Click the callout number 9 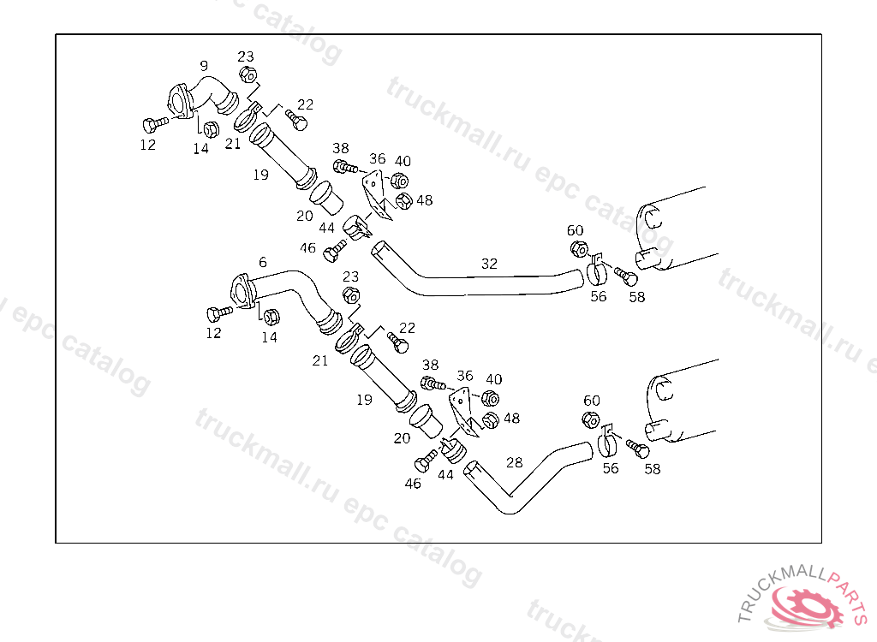click(204, 65)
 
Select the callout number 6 click(262, 262)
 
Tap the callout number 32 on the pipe click(489, 265)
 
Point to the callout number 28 click(514, 462)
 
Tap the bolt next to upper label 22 click(296, 121)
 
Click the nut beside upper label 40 click(398, 181)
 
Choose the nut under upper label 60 click(578, 249)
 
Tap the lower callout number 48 click(511, 419)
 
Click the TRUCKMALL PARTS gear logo click(800, 604)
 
